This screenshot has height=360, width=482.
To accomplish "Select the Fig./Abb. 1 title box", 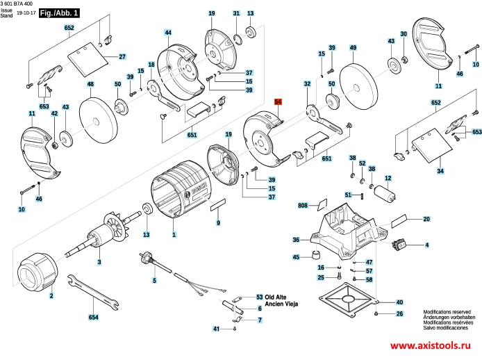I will click(59, 13).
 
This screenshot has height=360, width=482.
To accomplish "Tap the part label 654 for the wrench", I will click(94, 318).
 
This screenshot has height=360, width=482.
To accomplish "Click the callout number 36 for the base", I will click(296, 240).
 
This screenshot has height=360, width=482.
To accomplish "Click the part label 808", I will click(303, 206).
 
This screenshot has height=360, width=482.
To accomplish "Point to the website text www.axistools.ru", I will click(431, 346).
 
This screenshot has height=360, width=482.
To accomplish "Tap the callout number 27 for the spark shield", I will click(122, 56).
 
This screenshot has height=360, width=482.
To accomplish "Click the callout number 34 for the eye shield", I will click(440, 170).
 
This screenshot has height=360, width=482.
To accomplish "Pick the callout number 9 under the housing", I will click(218, 223).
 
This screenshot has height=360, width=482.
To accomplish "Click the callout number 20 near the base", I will click(427, 220).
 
